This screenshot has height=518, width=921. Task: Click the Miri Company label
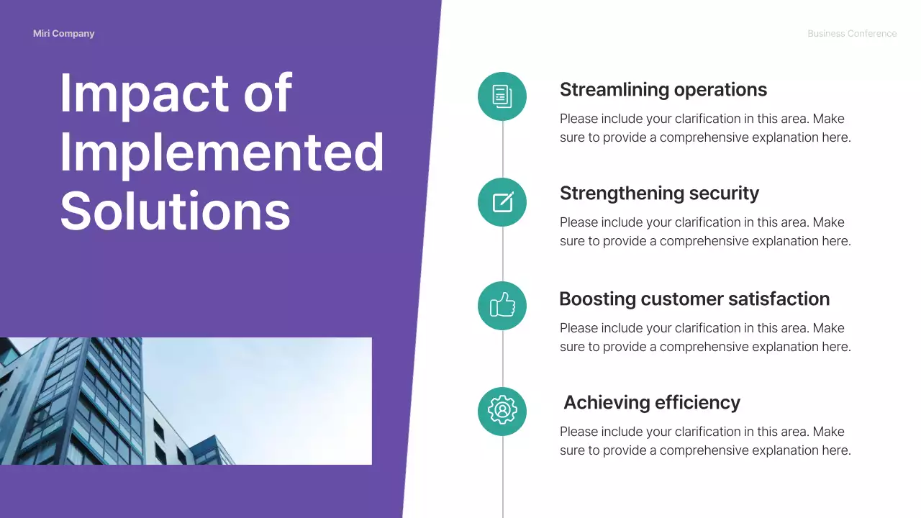[x=63, y=34]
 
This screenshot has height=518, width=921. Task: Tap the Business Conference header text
[x=851, y=34]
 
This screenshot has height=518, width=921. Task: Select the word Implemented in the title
[x=222, y=153]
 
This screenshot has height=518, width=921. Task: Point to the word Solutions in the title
[x=175, y=211]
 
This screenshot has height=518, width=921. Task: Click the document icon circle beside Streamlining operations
[x=502, y=96]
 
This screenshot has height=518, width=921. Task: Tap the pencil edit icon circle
[x=502, y=202]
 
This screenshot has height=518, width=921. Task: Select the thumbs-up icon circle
[x=502, y=306]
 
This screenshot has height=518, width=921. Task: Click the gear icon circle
[x=502, y=411]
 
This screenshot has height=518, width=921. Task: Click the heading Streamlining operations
[x=663, y=90]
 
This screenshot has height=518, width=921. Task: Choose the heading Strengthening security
[x=659, y=194]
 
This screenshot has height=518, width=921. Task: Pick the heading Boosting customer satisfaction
[x=694, y=299]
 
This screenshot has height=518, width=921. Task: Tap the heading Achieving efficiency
[x=651, y=403]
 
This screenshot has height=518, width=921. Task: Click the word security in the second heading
[x=724, y=194]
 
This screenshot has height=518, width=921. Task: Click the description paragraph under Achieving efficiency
[x=705, y=441]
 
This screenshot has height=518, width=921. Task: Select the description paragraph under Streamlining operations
[x=705, y=128]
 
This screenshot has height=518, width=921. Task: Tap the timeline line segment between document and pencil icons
[x=502, y=149]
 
